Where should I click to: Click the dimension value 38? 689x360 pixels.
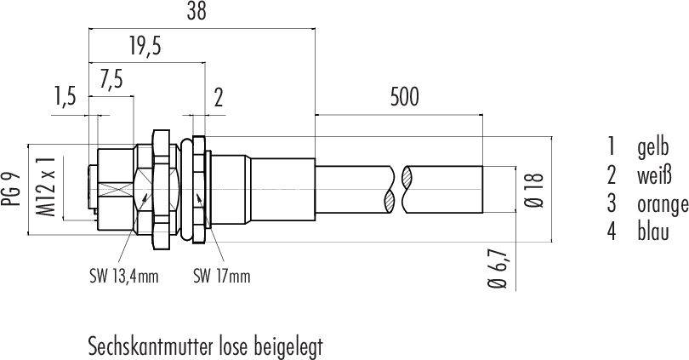point(196,11)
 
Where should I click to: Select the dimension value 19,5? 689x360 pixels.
point(145,46)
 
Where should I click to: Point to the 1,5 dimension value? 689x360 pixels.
point(65,96)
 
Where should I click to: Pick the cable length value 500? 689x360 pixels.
point(405,97)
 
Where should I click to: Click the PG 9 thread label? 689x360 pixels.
point(11,190)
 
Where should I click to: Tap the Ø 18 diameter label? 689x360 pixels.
point(535,190)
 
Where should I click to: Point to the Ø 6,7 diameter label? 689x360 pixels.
point(498,269)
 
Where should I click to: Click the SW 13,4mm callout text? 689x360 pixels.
point(123,277)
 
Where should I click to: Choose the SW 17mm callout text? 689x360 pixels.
point(221,277)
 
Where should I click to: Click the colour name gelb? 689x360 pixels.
point(652,147)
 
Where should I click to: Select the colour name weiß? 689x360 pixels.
point(654,175)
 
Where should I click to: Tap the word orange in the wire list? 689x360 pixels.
point(663,204)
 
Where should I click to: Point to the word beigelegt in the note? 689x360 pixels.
point(288,348)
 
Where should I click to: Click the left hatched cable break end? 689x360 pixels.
point(390,190)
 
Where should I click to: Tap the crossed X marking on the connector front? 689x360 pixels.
point(116,190)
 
